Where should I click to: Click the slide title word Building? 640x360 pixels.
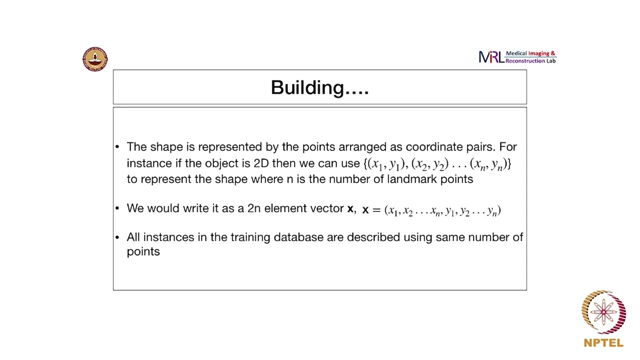tap(307, 88)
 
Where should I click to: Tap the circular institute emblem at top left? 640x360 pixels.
tap(95, 59)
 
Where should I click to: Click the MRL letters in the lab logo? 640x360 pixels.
tap(491, 57)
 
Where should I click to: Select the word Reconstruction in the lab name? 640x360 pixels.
tap(524, 61)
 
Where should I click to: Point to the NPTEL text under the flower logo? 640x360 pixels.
tap(603, 343)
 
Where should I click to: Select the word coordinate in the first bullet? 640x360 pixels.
tap(432, 147)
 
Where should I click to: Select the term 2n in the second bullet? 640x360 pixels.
tap(254, 208)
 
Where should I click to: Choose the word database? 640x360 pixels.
tap(298, 237)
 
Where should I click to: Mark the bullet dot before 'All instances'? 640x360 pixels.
tap(117, 237)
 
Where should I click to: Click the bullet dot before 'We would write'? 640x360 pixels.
tap(117, 208)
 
